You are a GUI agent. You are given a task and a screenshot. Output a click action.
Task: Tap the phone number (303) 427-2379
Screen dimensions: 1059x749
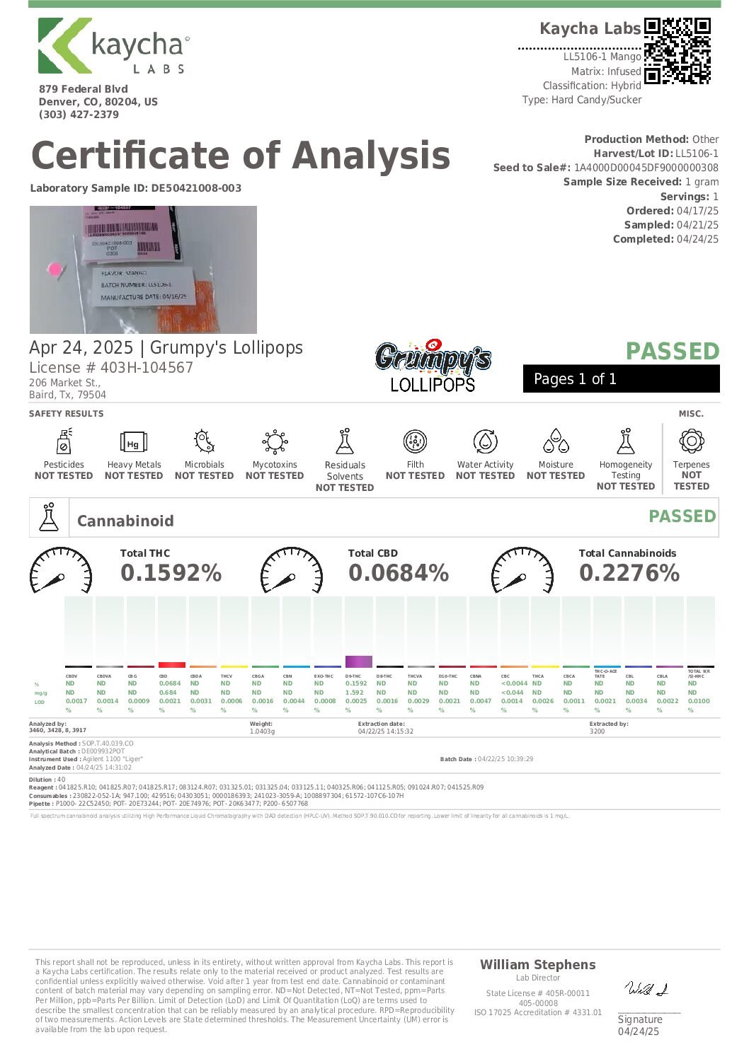click(x=79, y=115)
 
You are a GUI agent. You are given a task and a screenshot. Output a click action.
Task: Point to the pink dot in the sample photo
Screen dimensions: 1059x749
click(x=55, y=269)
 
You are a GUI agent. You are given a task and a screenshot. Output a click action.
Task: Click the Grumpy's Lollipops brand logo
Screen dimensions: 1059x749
click(x=433, y=365)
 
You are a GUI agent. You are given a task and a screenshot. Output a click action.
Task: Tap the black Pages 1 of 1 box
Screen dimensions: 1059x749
click(x=621, y=378)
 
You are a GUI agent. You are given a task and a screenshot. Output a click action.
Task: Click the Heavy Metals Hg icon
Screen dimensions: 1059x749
click(x=133, y=443)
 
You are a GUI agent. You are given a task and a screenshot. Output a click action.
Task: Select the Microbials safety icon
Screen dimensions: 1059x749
click(x=204, y=441)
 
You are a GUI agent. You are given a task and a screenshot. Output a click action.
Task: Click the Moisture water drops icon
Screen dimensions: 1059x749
click(x=556, y=441)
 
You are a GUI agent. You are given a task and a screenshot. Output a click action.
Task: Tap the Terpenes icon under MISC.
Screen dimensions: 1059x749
click(x=691, y=441)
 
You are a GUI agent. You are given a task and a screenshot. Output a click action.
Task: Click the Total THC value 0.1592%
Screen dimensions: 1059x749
click(x=171, y=573)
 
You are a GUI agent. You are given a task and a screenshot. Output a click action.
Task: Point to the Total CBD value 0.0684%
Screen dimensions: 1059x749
click(x=399, y=573)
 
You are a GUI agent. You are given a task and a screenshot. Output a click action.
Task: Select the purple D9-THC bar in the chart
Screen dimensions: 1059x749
click(x=358, y=661)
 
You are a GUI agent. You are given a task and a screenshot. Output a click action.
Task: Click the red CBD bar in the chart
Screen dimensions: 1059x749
click(x=171, y=664)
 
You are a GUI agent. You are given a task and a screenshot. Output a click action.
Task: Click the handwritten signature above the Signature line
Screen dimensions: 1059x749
click(x=646, y=989)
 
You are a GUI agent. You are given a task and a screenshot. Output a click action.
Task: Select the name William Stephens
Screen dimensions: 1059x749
click(x=537, y=965)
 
